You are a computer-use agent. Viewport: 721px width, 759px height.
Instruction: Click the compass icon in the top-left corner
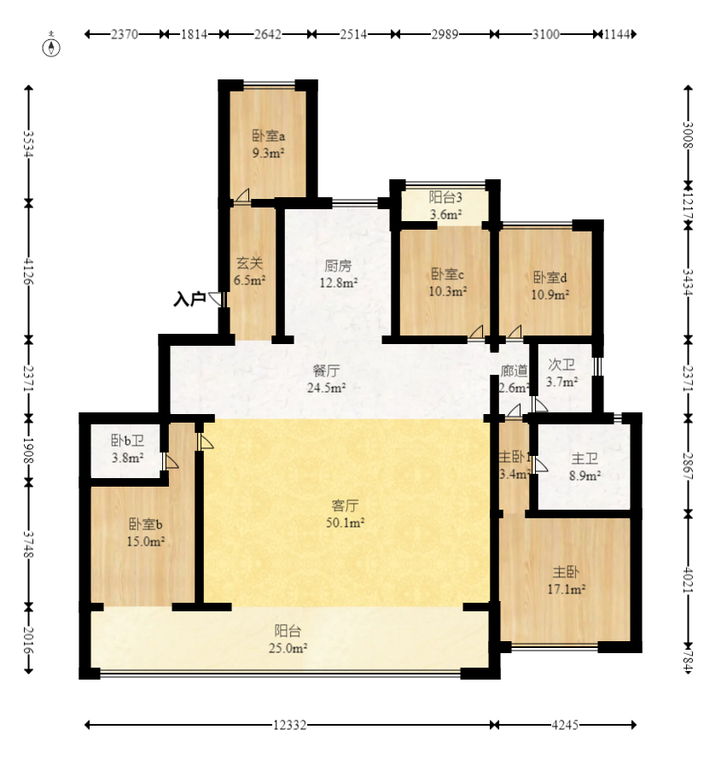[x=51, y=45]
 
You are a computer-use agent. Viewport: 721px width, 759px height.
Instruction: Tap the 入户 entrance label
[x=189, y=299]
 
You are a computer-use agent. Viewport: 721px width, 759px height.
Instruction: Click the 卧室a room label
[x=269, y=136]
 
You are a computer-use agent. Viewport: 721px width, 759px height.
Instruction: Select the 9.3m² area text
[x=268, y=153]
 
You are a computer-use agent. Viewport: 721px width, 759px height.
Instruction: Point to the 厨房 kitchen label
[x=338, y=266]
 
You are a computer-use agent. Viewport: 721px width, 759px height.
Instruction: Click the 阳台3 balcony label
[x=445, y=197]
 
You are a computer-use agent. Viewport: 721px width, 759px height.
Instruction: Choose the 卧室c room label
[x=448, y=274]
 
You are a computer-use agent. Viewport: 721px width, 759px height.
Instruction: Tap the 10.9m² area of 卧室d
[x=550, y=294]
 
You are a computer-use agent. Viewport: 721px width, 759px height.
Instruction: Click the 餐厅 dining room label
[x=326, y=371]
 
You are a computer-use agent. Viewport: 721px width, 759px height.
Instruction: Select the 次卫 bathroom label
[x=561, y=365]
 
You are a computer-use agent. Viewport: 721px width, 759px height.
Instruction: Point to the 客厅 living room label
[x=345, y=505]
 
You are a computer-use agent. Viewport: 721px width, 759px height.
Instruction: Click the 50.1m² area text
[x=345, y=523]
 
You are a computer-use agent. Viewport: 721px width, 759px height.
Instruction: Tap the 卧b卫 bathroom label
[x=128, y=441]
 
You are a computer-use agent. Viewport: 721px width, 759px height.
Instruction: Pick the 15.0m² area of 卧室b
[x=146, y=541]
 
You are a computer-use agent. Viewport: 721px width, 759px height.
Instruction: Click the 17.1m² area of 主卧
[x=567, y=589]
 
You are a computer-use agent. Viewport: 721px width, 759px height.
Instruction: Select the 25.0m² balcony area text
[x=288, y=648]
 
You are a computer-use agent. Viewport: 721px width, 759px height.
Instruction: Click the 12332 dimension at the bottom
[x=289, y=725]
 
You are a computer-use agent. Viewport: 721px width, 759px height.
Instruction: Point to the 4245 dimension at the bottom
[x=565, y=725]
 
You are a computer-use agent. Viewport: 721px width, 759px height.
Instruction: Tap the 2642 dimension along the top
[x=268, y=34]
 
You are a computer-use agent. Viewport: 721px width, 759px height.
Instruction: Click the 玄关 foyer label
[x=250, y=263]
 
